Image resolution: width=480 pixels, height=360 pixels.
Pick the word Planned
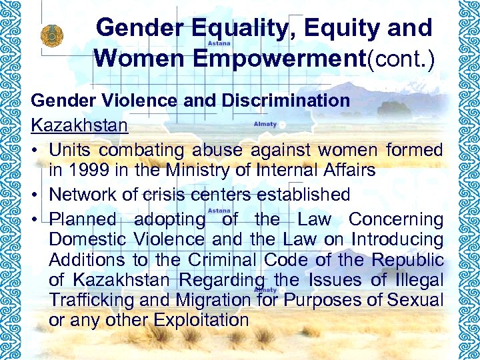pos(83,219)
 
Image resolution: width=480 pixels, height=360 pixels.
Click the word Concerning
pos(396,219)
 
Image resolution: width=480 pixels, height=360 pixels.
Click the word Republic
pos(407,259)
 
